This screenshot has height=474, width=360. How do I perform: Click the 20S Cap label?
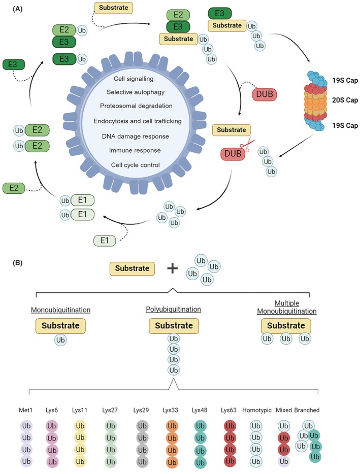[345, 100]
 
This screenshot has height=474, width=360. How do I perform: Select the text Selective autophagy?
[136, 92]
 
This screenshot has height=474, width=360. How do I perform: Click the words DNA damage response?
[136, 137]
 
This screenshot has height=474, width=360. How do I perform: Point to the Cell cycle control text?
[136, 165]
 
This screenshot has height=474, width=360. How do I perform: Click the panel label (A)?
[18, 9]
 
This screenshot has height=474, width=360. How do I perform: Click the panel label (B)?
[18, 263]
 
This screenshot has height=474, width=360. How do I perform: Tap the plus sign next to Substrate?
[173, 268]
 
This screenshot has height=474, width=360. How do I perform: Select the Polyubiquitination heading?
[173, 309]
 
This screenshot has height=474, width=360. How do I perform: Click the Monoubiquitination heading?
[60, 310]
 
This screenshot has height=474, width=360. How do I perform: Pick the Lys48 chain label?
[200, 410]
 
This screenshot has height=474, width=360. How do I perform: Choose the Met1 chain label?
[25, 410]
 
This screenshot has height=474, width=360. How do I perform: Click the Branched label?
[307, 410]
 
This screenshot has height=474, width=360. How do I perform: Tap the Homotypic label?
[257, 410]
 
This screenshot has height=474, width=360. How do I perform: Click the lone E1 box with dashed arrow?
[105, 241]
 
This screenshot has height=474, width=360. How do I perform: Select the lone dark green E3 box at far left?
[14, 64]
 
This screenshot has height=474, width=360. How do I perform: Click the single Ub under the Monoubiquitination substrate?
[60, 340]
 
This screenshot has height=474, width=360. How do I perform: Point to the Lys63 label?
[228, 410]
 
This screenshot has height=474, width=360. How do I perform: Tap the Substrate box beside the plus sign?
[132, 268]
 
